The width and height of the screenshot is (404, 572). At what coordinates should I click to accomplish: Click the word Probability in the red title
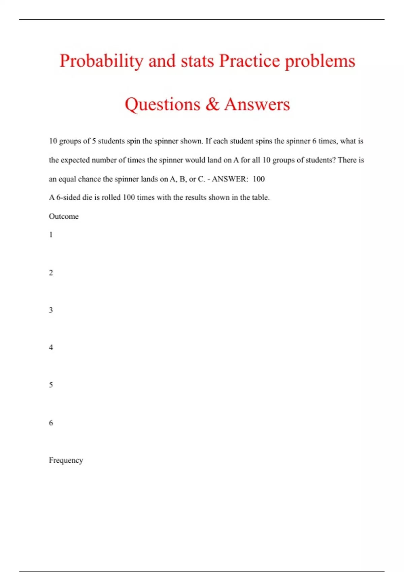[101, 61]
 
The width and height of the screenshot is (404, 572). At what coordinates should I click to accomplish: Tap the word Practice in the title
[249, 61]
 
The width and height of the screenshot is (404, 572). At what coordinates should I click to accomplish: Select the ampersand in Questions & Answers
[212, 104]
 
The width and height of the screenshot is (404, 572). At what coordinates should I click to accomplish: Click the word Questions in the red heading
[162, 105]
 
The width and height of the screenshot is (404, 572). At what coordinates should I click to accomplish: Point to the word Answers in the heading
[257, 104]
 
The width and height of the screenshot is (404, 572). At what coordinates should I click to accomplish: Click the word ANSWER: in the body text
[230, 179]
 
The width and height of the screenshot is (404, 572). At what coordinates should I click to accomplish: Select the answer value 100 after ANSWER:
[259, 179]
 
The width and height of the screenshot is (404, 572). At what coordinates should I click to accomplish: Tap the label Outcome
[64, 216]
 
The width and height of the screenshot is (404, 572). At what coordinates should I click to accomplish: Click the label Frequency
[66, 460]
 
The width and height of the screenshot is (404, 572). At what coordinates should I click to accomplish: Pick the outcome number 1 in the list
[51, 235]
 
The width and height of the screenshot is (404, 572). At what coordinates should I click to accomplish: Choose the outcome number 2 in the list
[51, 273]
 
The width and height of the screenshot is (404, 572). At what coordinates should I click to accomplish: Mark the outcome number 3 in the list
[51, 310]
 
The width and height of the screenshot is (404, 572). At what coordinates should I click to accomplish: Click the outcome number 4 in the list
[51, 347]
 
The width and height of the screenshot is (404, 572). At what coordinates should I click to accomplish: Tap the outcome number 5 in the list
[51, 385]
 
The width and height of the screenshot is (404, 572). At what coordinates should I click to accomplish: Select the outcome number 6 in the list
[51, 423]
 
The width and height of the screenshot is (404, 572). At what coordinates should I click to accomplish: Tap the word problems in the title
[320, 61]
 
